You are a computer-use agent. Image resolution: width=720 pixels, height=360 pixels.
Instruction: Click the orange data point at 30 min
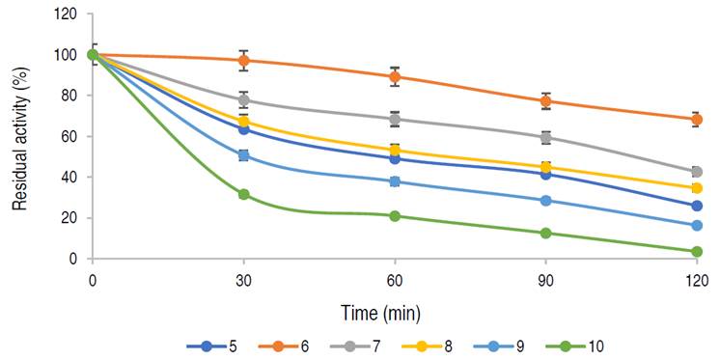coord(244,60)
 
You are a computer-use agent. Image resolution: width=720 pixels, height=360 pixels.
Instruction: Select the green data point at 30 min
coord(244,194)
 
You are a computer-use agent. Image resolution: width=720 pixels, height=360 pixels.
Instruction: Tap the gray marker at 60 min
coord(395,119)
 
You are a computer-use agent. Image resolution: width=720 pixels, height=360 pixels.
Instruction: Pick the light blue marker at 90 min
coord(545,201)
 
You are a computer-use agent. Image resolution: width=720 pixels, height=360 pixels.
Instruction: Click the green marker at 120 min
coord(696,252)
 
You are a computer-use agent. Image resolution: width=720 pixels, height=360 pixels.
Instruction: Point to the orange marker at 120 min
coord(696,120)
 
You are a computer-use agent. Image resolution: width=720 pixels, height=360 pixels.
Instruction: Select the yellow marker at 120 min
coord(696,188)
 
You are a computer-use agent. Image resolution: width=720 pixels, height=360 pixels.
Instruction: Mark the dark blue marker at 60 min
coord(395,158)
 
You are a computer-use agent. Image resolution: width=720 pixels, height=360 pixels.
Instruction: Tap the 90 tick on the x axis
coord(545,280)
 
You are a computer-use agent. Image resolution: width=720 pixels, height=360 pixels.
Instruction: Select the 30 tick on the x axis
coord(244,280)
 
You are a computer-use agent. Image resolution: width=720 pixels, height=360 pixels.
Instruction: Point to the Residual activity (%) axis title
coord(18,138)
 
